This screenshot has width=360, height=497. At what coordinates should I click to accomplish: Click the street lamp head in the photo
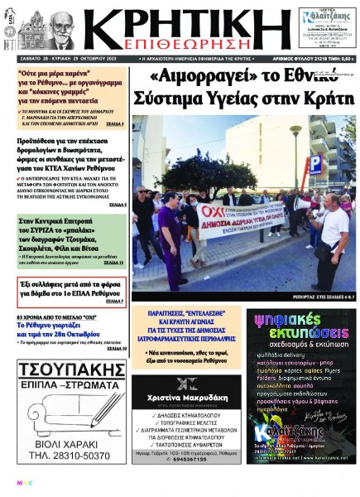(x=295, y=130)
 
